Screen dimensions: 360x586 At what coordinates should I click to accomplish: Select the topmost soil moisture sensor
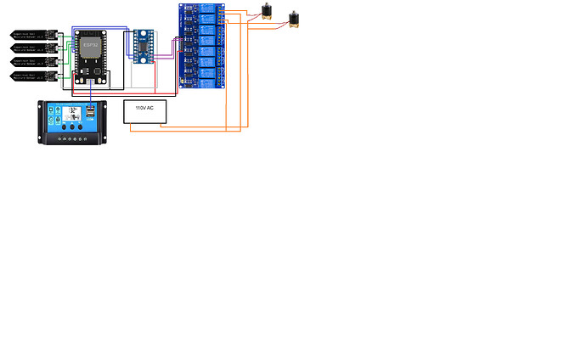pos(31,35)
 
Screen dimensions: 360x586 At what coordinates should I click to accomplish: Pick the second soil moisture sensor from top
pos(31,48)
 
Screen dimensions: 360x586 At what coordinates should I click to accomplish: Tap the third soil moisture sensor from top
pos(31,62)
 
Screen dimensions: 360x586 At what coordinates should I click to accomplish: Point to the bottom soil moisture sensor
pos(31,76)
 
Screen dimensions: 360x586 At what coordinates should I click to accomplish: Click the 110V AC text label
pos(144,108)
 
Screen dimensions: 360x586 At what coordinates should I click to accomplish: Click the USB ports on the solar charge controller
pos(89,113)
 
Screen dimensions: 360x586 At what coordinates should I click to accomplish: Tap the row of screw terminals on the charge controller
pos(74,141)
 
